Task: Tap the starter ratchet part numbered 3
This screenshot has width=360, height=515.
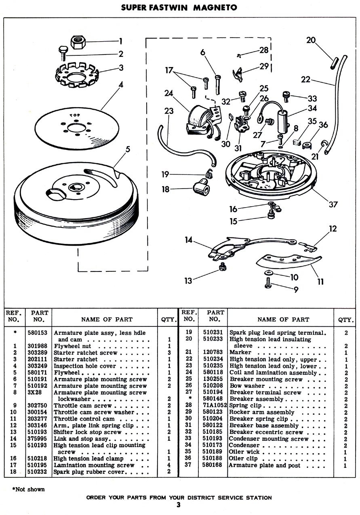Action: tap(80, 73)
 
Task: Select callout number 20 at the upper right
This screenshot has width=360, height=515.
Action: tap(311, 40)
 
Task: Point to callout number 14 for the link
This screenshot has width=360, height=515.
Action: tap(188, 240)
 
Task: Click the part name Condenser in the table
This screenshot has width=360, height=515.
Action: tap(245, 445)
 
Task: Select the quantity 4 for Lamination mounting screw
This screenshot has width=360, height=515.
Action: tap(169, 465)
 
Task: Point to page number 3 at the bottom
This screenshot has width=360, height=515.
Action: tap(178, 505)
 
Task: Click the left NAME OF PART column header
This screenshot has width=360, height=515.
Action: tap(107, 319)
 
